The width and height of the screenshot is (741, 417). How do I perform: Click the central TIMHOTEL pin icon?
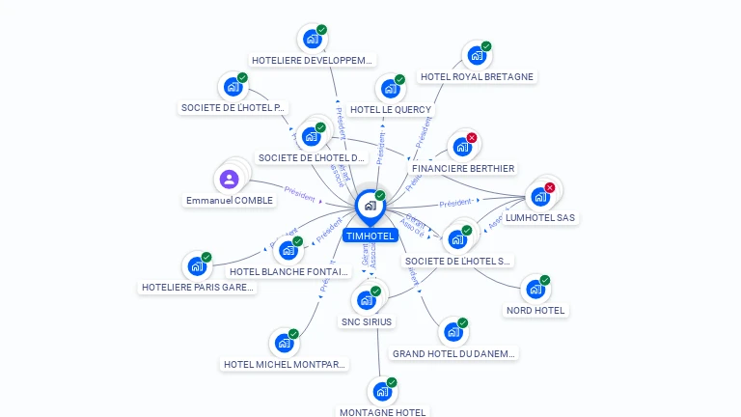pyautogui.click(x=370, y=206)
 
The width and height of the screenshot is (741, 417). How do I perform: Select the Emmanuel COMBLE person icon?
pyautogui.click(x=229, y=180)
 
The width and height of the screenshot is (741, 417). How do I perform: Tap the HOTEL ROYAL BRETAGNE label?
pyautogui.click(x=477, y=77)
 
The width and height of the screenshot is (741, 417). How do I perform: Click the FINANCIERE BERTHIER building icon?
pyautogui.click(x=461, y=147)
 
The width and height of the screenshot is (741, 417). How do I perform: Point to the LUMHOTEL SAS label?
pyautogui.click(x=540, y=218)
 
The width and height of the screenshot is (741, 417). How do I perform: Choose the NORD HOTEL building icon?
pyautogui.click(x=535, y=289)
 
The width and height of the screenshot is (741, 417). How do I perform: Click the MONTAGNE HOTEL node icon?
pyautogui.click(x=382, y=392)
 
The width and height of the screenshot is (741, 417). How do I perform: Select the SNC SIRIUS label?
pyautogui.click(x=367, y=321)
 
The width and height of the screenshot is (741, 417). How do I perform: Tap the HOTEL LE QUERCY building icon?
pyautogui.click(x=390, y=89)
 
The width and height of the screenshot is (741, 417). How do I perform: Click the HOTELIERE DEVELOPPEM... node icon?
pyautogui.click(x=312, y=39)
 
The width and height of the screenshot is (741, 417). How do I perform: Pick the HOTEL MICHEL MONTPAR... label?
pyautogui.click(x=285, y=365)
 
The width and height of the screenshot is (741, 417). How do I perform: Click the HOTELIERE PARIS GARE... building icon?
pyautogui.click(x=197, y=266)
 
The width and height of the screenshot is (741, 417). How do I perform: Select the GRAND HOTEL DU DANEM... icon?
pyautogui.click(x=453, y=332)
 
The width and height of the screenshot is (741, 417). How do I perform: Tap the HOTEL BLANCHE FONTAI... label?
pyautogui.click(x=288, y=272)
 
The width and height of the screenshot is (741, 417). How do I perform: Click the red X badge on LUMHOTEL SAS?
pyautogui.click(x=550, y=187)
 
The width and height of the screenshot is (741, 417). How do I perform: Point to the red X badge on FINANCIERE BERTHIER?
pyautogui.click(x=472, y=138)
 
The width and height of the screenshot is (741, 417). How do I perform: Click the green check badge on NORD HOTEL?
pyautogui.click(x=545, y=280)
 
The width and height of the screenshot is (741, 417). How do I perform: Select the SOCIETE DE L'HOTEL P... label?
pyautogui.click(x=233, y=108)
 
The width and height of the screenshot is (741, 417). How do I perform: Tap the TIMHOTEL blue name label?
pyautogui.click(x=370, y=236)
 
